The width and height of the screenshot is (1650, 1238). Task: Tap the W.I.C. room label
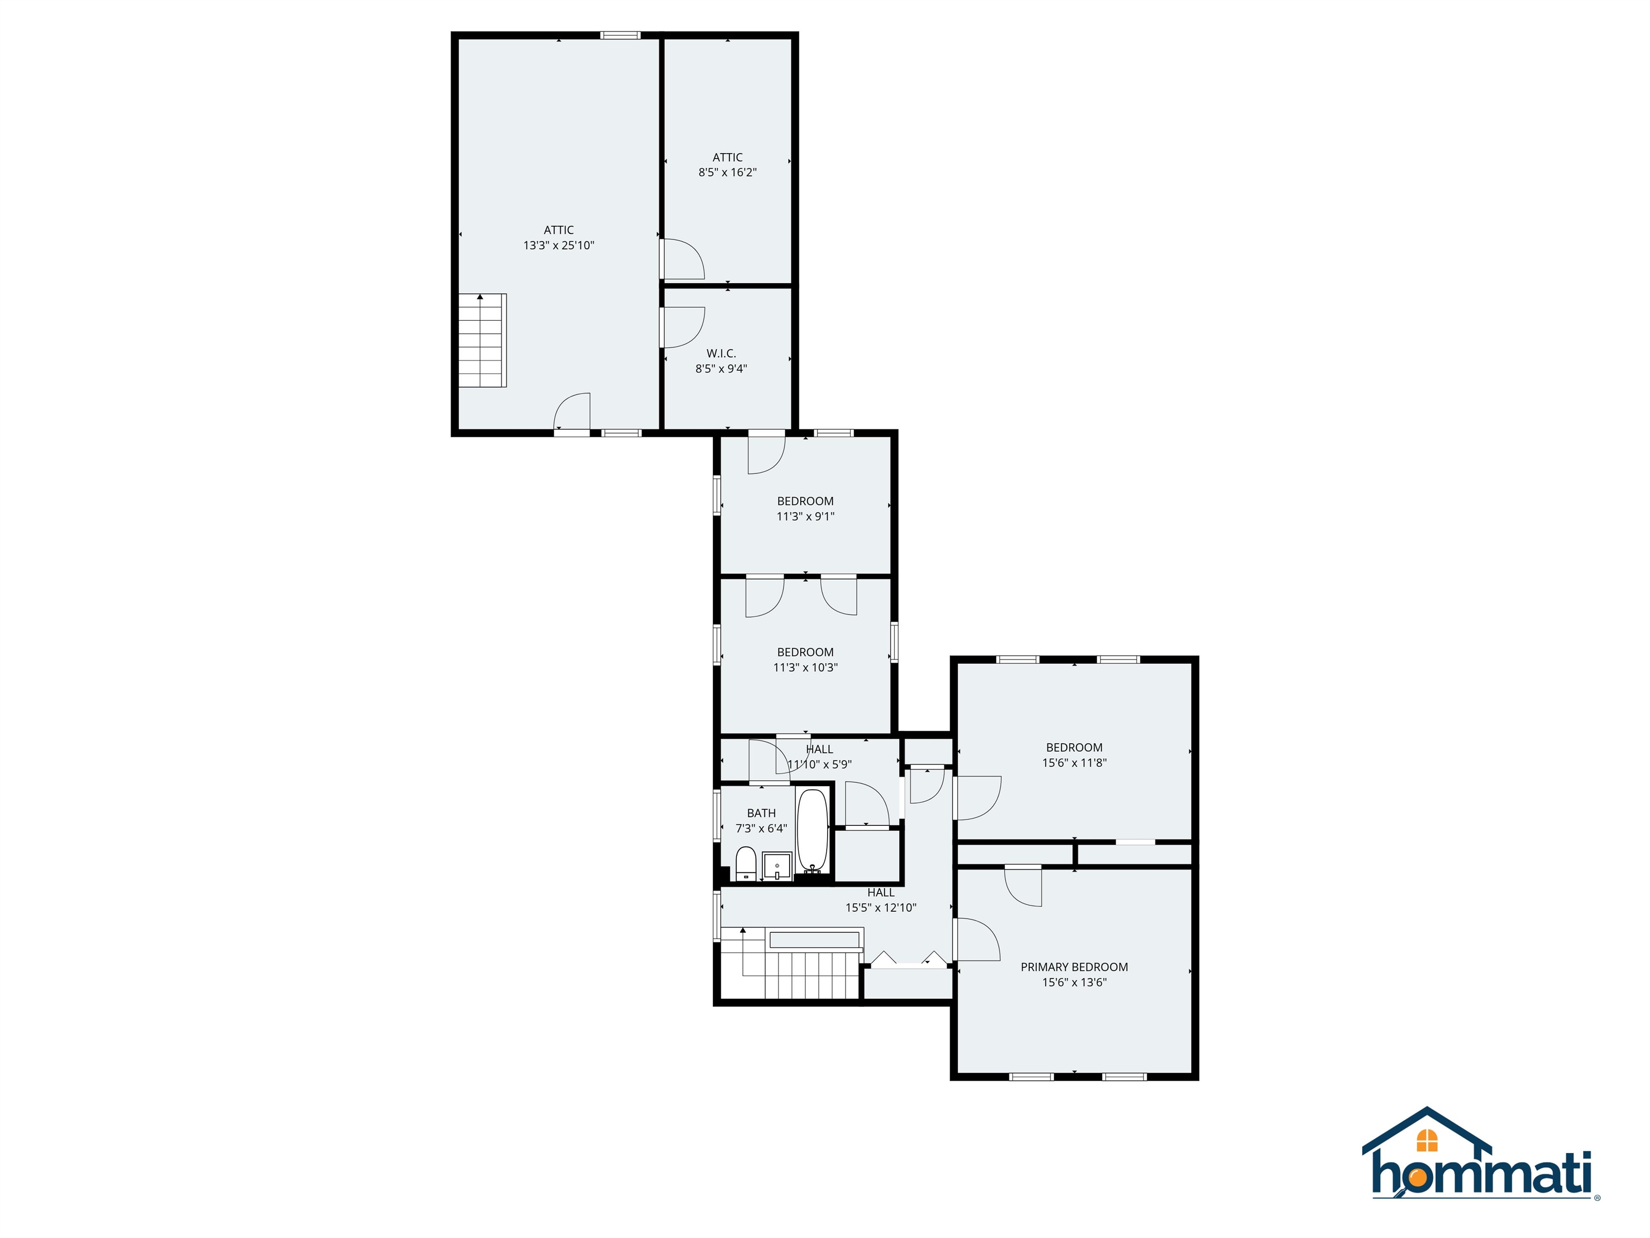coord(721,354)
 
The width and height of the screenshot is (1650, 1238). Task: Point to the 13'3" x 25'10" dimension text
coord(558,246)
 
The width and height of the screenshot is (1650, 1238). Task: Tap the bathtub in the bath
coord(812,831)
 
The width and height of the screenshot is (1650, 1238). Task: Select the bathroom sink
coord(777,866)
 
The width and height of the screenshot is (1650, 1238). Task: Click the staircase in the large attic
coord(482,340)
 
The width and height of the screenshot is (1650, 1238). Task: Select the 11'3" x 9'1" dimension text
coord(805,516)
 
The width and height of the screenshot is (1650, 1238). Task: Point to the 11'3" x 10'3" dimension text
coord(805,668)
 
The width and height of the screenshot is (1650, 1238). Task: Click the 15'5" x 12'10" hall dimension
coord(880,908)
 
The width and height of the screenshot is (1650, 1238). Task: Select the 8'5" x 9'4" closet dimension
coord(721,369)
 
